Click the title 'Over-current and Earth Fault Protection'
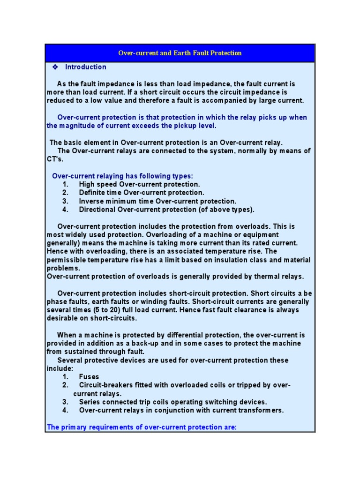[180, 53]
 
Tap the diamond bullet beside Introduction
[55, 67]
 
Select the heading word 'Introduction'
[86, 67]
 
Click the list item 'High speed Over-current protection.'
[139, 184]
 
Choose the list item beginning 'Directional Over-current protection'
[166, 210]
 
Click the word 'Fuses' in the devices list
[89, 377]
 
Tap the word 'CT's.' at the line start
[55, 159]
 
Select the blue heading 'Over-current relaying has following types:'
[122, 176]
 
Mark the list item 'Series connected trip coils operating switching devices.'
[173, 402]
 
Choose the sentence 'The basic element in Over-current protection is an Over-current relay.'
[166, 142]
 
